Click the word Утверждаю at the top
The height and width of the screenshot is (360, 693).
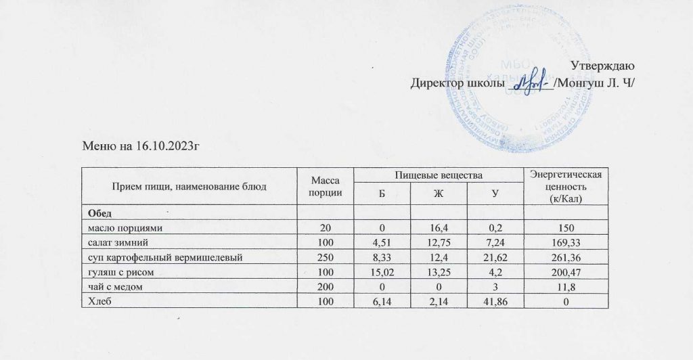pos(602,67)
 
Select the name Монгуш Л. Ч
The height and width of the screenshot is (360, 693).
pos(595,85)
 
